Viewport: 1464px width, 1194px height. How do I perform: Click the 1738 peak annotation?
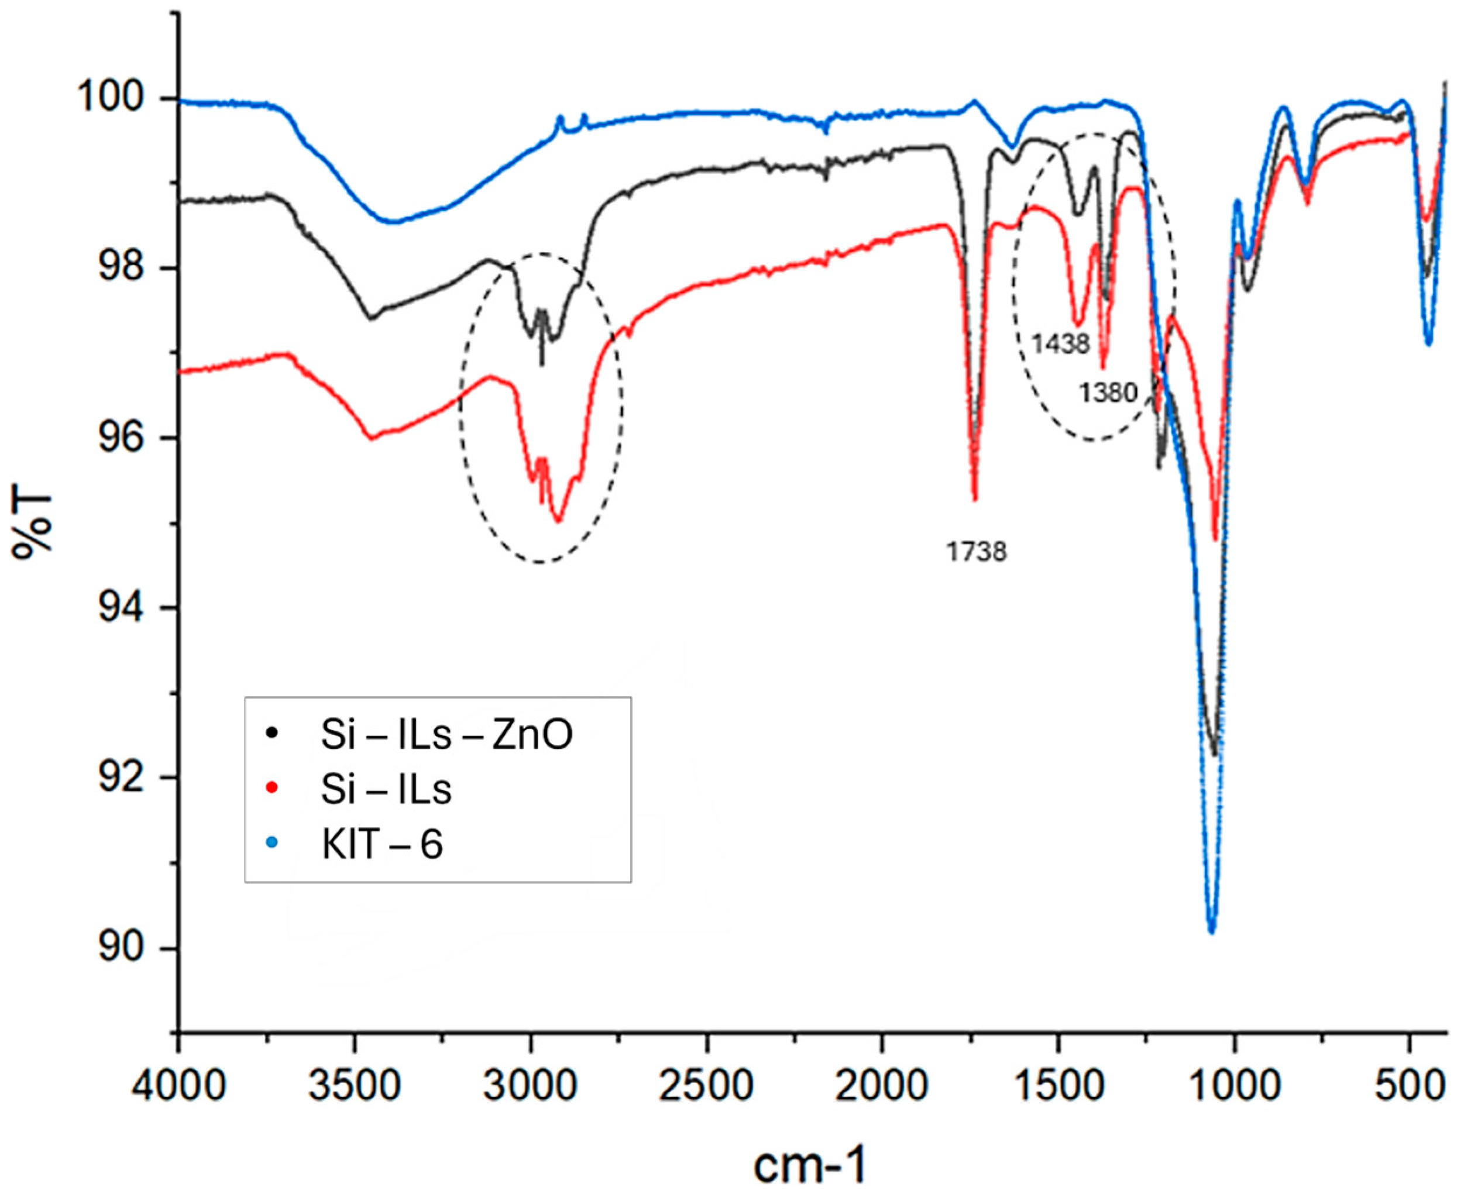click(x=976, y=552)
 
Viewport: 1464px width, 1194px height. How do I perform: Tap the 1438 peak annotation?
click(x=1060, y=343)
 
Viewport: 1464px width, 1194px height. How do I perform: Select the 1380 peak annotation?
click(x=1108, y=393)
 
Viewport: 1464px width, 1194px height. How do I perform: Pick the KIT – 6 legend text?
click(x=382, y=845)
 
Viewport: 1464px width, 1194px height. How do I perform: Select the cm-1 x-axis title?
click(x=810, y=1164)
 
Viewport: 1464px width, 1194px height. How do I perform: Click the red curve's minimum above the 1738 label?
click(x=974, y=498)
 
